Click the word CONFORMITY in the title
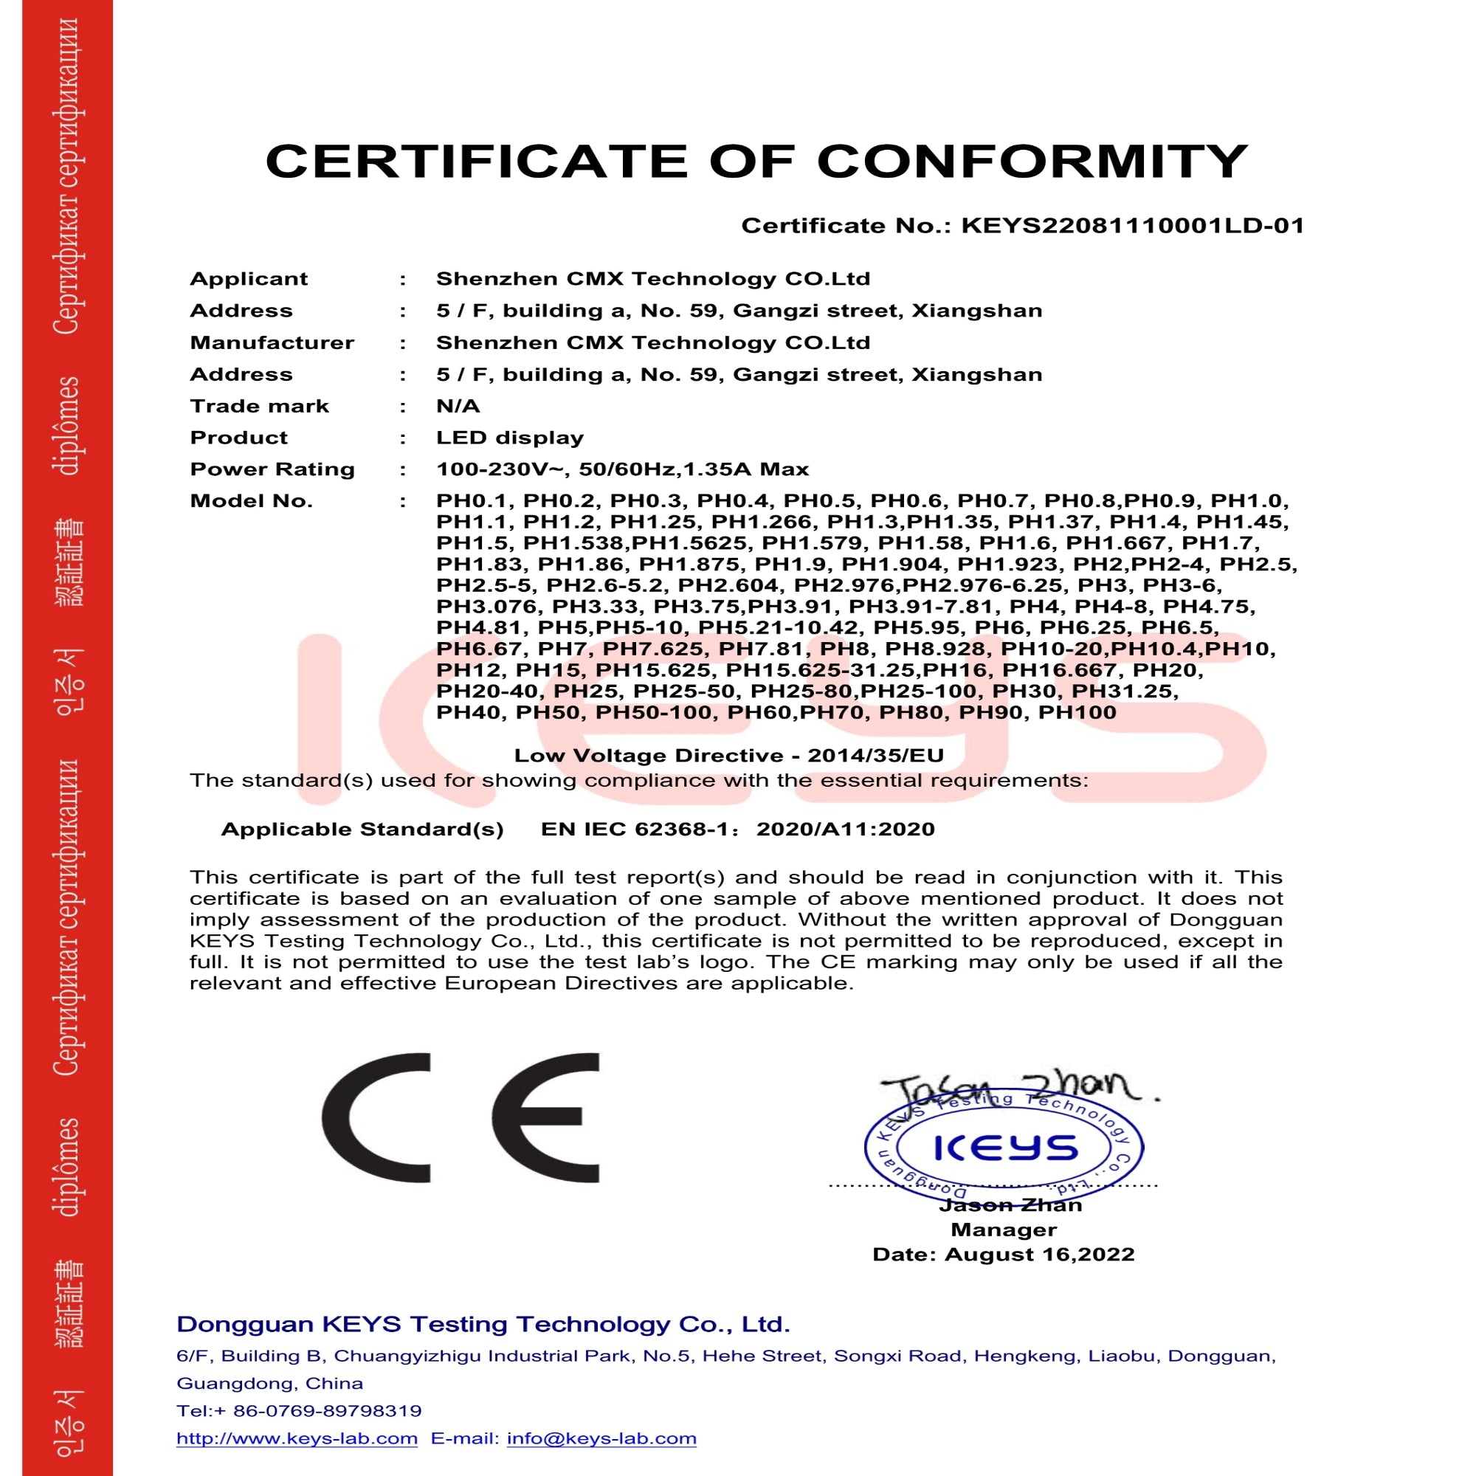point(1032,161)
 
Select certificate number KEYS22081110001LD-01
point(1132,226)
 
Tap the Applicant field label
point(248,279)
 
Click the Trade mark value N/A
point(458,407)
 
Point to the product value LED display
point(509,438)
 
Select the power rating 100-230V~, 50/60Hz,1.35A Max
point(622,469)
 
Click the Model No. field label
point(252,501)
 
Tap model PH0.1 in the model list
point(472,501)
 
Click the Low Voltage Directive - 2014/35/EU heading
point(729,756)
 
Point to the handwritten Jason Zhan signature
point(1016,1088)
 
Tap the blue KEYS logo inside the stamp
point(1005,1148)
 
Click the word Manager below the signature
point(1003,1230)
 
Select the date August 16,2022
point(1039,1255)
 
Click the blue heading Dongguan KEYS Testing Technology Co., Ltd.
point(483,1324)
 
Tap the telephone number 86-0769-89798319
point(327,1410)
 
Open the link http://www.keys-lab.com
point(297,1438)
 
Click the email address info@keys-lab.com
point(601,1438)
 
